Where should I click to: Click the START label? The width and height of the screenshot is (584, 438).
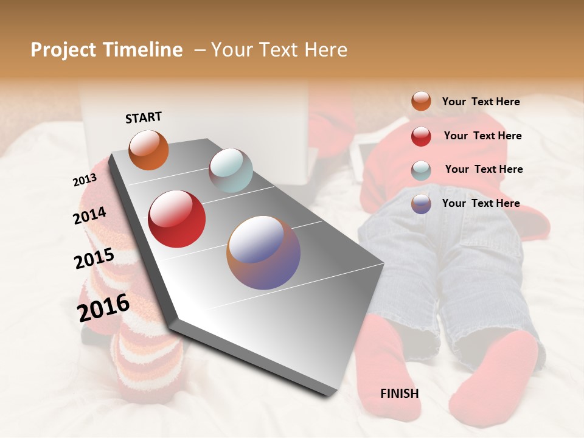tap(144, 117)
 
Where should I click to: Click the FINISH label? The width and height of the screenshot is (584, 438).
tap(400, 394)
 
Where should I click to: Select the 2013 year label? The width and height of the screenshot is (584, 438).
tap(85, 180)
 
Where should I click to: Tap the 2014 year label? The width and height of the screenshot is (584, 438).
tap(89, 215)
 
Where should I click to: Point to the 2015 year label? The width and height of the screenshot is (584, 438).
tap(94, 259)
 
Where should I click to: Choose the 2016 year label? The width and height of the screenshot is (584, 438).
tap(103, 307)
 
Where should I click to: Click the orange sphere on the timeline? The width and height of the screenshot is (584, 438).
tap(148, 150)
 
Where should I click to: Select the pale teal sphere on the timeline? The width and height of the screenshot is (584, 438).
tap(231, 170)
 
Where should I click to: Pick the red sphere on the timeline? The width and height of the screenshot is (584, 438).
tap(177, 219)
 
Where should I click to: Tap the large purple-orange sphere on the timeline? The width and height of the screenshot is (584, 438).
tap(263, 252)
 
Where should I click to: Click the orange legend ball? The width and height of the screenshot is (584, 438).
tap(421, 101)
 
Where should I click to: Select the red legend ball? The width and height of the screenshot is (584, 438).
tap(421, 136)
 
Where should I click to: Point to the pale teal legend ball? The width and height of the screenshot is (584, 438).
tap(421, 170)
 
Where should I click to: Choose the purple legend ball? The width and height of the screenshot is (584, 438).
tap(421, 204)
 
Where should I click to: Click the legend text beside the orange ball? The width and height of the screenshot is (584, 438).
tap(481, 102)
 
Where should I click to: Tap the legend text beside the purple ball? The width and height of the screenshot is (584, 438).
tap(481, 203)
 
